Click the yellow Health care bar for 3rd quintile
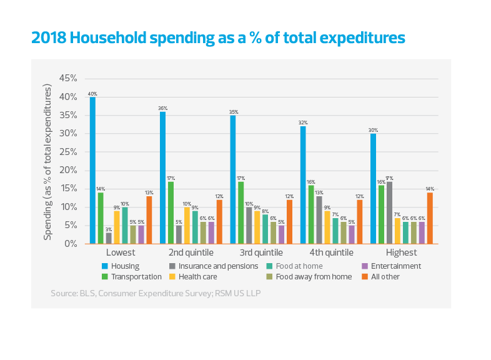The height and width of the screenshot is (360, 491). point(257,227)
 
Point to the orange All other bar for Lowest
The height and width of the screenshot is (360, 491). point(149,219)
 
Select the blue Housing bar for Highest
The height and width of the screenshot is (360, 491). point(374,188)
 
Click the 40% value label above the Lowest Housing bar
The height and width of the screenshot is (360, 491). point(92,94)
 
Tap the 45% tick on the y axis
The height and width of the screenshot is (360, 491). point(67,78)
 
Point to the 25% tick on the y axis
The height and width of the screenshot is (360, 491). point(67,152)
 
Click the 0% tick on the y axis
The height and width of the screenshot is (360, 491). point(69,243)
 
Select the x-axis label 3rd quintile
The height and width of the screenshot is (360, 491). point(261,253)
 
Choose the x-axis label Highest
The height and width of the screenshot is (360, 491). point(401,253)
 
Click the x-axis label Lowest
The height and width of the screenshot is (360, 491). point(121,253)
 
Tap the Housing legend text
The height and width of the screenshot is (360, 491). point(125,266)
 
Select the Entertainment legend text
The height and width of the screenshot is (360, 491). point(396,266)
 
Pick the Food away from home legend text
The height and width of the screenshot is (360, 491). point(310,276)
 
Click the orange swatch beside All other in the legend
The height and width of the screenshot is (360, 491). point(365,276)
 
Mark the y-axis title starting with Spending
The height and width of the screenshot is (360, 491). point(47,162)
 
